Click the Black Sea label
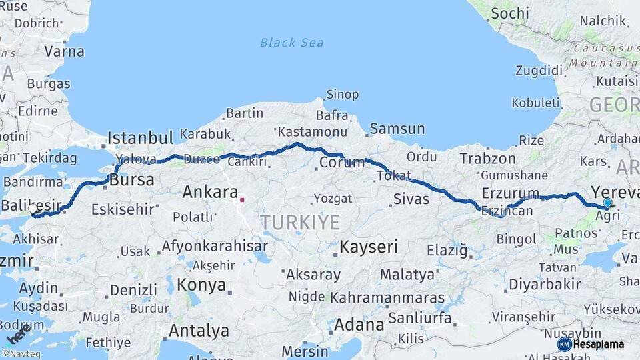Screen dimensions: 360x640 292,43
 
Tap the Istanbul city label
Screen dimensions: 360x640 140,138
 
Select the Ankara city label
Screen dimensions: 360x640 210,193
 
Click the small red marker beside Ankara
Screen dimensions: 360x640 242,199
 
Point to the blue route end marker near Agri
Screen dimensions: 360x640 607,203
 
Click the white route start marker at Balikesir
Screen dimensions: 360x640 33,209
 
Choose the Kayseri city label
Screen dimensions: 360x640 369,247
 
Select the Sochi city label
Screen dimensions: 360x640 509,13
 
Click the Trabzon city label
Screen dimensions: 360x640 487,158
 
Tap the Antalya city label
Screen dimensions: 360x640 199,330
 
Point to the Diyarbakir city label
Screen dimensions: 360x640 545,284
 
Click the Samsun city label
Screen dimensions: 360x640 397,129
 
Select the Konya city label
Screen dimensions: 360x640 201,285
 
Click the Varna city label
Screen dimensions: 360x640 64,51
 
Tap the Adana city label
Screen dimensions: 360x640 359,325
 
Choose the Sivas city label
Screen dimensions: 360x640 411,198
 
